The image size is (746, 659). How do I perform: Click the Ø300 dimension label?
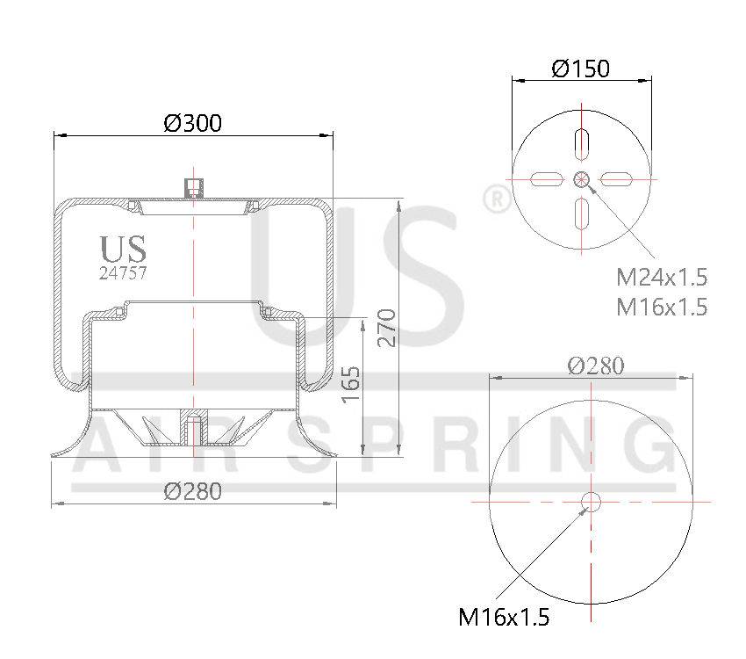point(192,123)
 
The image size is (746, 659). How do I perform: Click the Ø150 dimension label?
point(580,69)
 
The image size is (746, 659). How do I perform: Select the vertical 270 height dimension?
point(387,328)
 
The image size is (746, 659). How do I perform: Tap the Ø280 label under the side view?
point(192,491)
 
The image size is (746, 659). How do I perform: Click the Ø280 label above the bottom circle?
point(595,366)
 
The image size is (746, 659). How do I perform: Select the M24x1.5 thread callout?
point(661,278)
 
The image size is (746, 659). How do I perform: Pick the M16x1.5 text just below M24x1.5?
point(661,307)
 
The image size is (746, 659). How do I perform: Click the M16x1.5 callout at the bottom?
point(504,618)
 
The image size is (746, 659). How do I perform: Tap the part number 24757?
point(122,272)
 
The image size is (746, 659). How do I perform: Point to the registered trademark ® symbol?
point(497,199)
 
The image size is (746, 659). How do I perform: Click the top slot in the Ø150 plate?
point(581,144)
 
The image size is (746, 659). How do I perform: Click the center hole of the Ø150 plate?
point(581,179)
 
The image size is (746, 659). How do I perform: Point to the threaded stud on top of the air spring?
point(193,186)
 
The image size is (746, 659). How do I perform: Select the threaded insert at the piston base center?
point(193,431)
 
